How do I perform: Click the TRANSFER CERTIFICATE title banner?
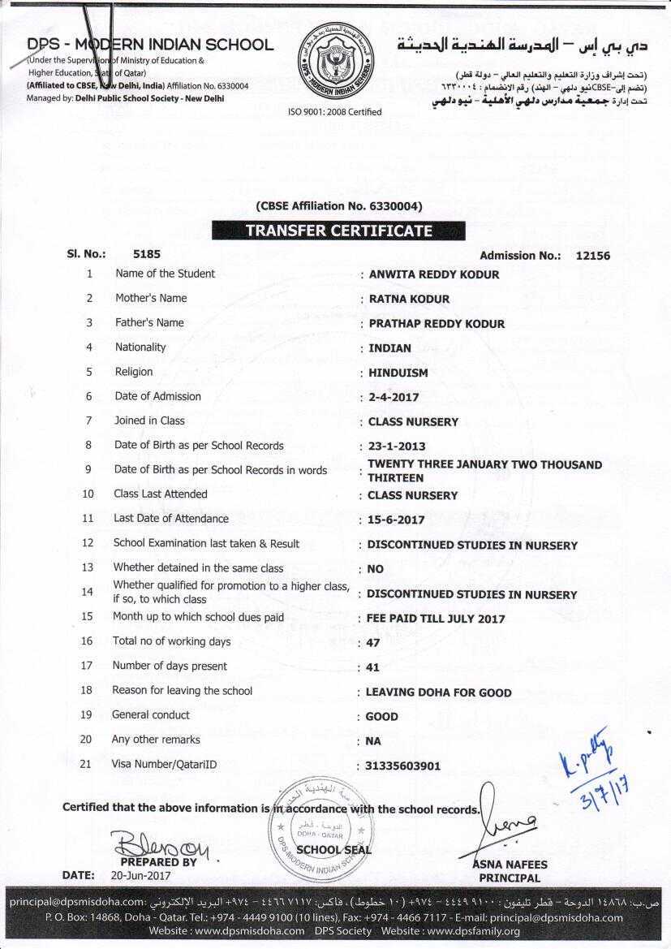[x=338, y=231]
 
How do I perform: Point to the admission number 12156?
[x=592, y=255]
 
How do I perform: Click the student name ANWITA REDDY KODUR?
[x=434, y=274]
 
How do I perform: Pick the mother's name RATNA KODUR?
[x=409, y=299]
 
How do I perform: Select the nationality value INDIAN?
[x=389, y=348]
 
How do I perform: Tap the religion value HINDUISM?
[x=398, y=373]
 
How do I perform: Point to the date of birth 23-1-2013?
[x=397, y=446]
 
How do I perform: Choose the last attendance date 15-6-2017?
[x=396, y=520]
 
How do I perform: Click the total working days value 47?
[x=374, y=642]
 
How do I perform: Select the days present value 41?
[x=374, y=667]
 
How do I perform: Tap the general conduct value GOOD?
[x=381, y=717]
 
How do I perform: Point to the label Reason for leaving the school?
[x=182, y=691]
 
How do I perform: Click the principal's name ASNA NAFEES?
[x=510, y=865]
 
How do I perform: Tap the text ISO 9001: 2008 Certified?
[x=334, y=112]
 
